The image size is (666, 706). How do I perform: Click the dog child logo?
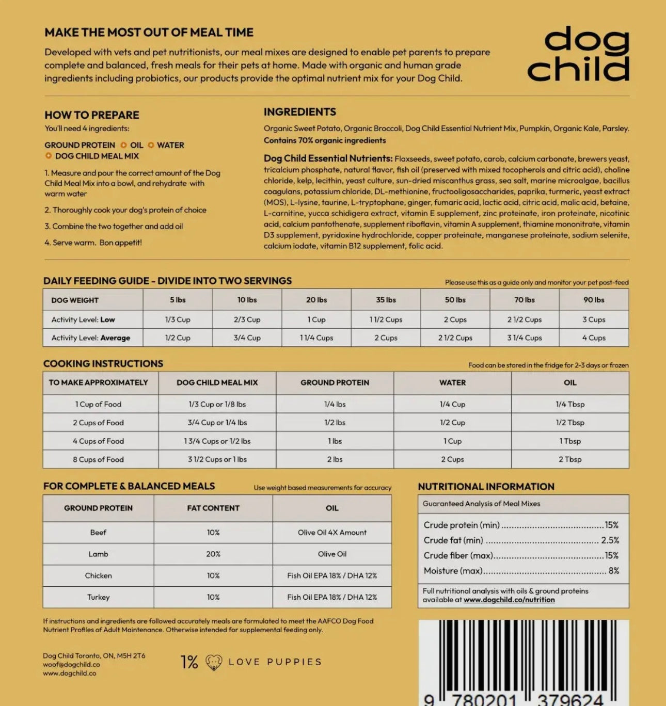tap(578, 54)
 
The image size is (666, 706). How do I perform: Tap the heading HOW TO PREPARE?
tap(92, 115)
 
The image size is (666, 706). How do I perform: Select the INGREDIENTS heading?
tap(299, 112)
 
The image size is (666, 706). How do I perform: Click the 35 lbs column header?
tap(386, 300)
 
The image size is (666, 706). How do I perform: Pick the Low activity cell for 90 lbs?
tap(594, 319)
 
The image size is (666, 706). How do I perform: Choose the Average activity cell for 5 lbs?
tap(178, 338)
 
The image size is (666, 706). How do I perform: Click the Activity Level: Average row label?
tap(91, 338)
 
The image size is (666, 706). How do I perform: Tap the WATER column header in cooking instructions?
tap(452, 383)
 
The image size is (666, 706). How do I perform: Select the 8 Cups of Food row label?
tap(98, 459)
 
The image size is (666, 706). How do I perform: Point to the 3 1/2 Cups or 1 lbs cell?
tap(217, 459)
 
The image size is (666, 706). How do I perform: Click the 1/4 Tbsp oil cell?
tap(570, 404)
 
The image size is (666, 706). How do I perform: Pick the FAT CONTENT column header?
tap(213, 508)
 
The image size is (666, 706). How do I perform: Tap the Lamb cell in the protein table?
tap(98, 554)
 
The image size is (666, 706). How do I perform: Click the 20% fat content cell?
tap(213, 554)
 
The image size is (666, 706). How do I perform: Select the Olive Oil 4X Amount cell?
tap(332, 533)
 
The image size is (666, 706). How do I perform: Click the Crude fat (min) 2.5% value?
tap(610, 540)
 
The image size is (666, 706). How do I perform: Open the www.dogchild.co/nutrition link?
tap(509, 600)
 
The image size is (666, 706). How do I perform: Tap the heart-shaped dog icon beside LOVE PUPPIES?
tap(214, 662)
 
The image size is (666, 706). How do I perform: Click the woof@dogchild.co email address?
tap(71, 665)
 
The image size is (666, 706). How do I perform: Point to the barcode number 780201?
tap(484, 700)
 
